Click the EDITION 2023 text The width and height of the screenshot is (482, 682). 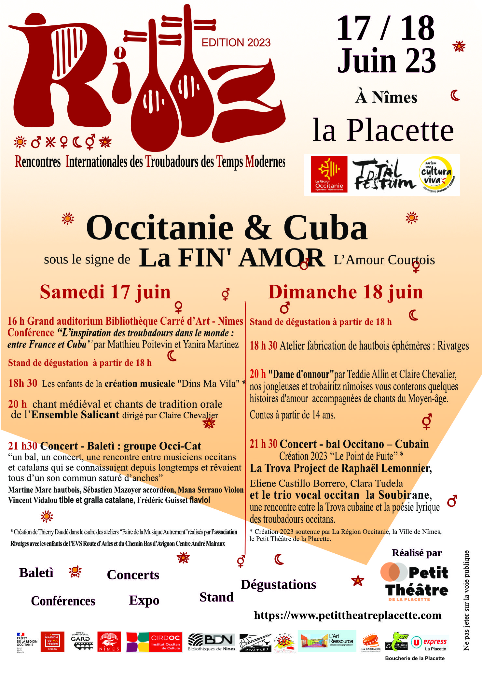pyautogui.click(x=236, y=43)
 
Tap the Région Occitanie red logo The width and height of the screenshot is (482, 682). pyautogui.click(x=329, y=174)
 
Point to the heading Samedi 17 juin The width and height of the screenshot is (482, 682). pyautogui.click(x=105, y=292)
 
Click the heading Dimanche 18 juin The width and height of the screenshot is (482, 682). pyautogui.click(x=345, y=292)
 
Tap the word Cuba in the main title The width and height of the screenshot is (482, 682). pyautogui.click(x=325, y=228)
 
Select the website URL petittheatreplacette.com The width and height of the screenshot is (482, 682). pyautogui.click(x=348, y=615)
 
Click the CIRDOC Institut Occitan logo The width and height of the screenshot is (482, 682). pyautogui.click(x=154, y=642)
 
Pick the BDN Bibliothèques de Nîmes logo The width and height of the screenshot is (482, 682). pyautogui.click(x=212, y=642)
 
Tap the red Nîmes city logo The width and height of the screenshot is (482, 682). pyautogui.click(x=109, y=642)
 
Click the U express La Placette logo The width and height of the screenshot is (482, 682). pyautogui.click(x=430, y=643)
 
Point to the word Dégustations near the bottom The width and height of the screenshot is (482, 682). pyautogui.click(x=278, y=585)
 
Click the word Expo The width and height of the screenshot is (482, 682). pyautogui.click(x=144, y=600)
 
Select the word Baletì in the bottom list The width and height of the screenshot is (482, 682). pyautogui.click(x=36, y=573)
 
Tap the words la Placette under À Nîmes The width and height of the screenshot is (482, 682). pyautogui.click(x=383, y=130)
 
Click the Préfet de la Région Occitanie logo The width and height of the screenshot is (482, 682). pyautogui.click(x=27, y=642)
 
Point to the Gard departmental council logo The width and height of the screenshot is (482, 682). pyautogui.click(x=80, y=642)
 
